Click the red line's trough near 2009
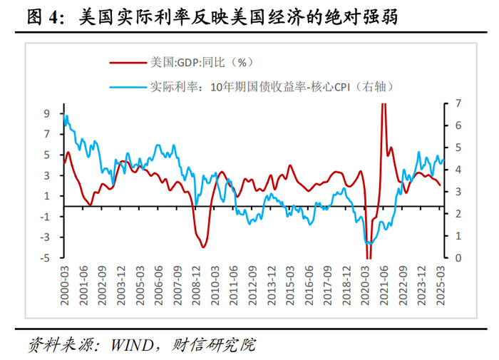pos(204,247)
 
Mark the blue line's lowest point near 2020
pos(369,244)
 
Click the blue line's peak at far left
pos(66,115)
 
